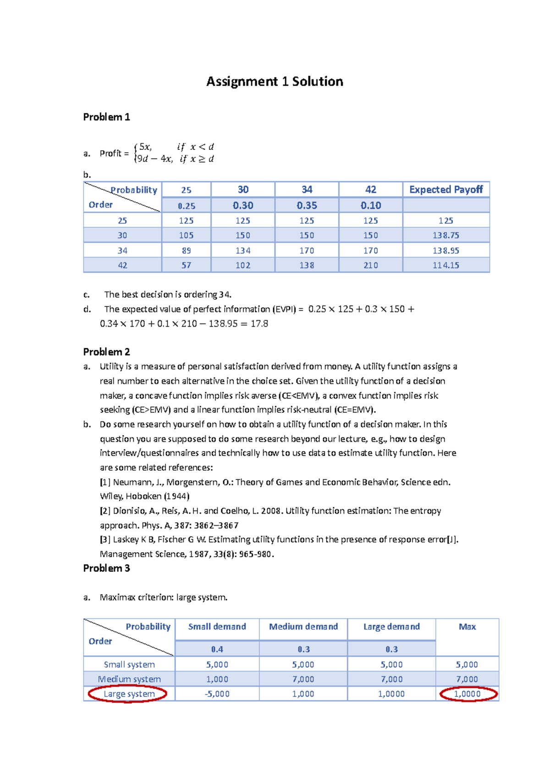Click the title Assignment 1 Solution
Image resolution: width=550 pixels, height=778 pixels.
point(275,82)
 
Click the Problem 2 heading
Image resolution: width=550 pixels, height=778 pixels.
point(106,352)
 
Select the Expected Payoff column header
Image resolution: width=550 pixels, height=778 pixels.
point(445,190)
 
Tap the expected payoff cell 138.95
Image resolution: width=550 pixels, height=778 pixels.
point(445,251)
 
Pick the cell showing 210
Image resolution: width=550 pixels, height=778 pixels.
point(370,265)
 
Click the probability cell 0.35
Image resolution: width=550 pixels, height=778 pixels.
point(307,205)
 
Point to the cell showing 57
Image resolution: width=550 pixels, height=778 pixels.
point(186,265)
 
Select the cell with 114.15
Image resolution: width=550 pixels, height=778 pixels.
point(445,265)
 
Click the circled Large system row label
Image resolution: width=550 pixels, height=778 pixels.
point(129,694)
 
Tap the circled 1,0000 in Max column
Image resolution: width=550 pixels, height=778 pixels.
point(467,694)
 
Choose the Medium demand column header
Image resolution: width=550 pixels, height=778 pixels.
point(303,626)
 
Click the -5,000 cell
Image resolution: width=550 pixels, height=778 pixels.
point(217,694)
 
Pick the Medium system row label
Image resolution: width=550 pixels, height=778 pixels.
point(129,679)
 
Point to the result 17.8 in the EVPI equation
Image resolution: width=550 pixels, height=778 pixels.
point(259,323)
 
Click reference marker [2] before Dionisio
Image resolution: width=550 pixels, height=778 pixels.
point(105,510)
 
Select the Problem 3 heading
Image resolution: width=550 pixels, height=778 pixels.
point(106,568)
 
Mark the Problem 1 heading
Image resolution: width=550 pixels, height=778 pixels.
point(106,117)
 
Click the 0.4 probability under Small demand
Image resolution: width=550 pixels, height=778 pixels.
point(217,649)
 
